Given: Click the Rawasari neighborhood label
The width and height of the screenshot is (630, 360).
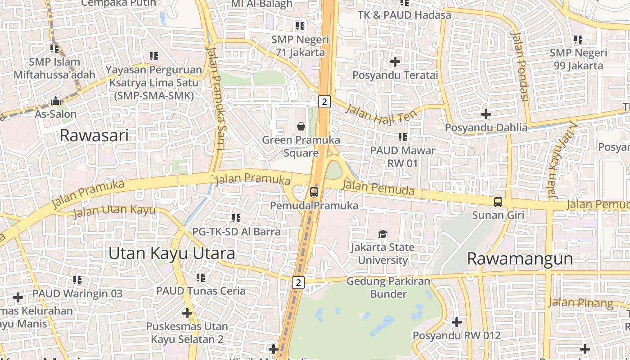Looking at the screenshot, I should pos(94,135).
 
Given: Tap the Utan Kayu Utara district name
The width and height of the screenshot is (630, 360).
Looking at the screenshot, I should pos(171,253).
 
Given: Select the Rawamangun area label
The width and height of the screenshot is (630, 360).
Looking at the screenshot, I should pos(520,259).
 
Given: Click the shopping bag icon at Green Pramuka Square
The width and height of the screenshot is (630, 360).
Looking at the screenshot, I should pos(301,127).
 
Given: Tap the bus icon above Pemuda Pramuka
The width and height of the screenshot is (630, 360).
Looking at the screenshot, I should pos(314,192).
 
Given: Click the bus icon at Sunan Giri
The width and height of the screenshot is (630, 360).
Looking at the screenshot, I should pos(498,202).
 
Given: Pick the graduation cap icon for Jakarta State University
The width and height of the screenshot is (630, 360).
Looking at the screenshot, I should pos(382,234).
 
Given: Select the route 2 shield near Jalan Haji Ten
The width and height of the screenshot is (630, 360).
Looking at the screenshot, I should pos(324,102).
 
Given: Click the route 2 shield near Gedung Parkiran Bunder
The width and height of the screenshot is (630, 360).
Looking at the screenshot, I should pos(298,283).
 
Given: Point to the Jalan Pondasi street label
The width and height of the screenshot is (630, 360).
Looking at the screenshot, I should pos(520,67).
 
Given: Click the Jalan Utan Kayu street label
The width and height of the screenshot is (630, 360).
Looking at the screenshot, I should pos(114,210).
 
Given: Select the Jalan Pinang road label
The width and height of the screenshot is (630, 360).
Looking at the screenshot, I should pos(580,303).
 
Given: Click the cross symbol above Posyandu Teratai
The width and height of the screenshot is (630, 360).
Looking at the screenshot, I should pos(395,61).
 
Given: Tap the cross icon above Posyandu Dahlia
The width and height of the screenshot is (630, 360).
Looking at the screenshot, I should pos(486,114).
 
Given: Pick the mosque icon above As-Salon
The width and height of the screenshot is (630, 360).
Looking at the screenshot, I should pos(56,101).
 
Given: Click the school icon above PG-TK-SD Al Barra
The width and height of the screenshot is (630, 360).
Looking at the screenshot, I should pos(236,218).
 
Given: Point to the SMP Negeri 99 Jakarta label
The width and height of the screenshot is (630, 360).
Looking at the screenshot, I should pos(578,59).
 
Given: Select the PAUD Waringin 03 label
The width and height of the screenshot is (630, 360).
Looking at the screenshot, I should pos(77,293).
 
